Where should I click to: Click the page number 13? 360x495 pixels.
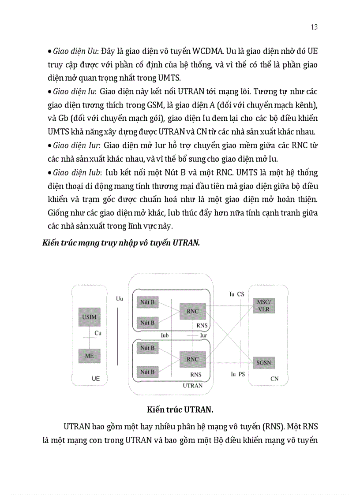tap(314, 27)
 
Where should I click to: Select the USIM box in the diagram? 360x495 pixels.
tap(89, 317)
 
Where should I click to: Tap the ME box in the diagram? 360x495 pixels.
tap(89, 355)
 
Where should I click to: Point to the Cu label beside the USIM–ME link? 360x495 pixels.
tap(98, 333)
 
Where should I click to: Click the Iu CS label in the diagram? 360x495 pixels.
tap(237, 294)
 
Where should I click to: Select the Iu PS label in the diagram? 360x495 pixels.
tap(237, 374)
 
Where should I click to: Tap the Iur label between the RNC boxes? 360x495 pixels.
tap(203, 335)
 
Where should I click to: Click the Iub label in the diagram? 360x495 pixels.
tap(165, 335)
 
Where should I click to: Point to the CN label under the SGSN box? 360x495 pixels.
tap(274, 378)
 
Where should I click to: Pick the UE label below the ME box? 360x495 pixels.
tap(96, 378)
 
